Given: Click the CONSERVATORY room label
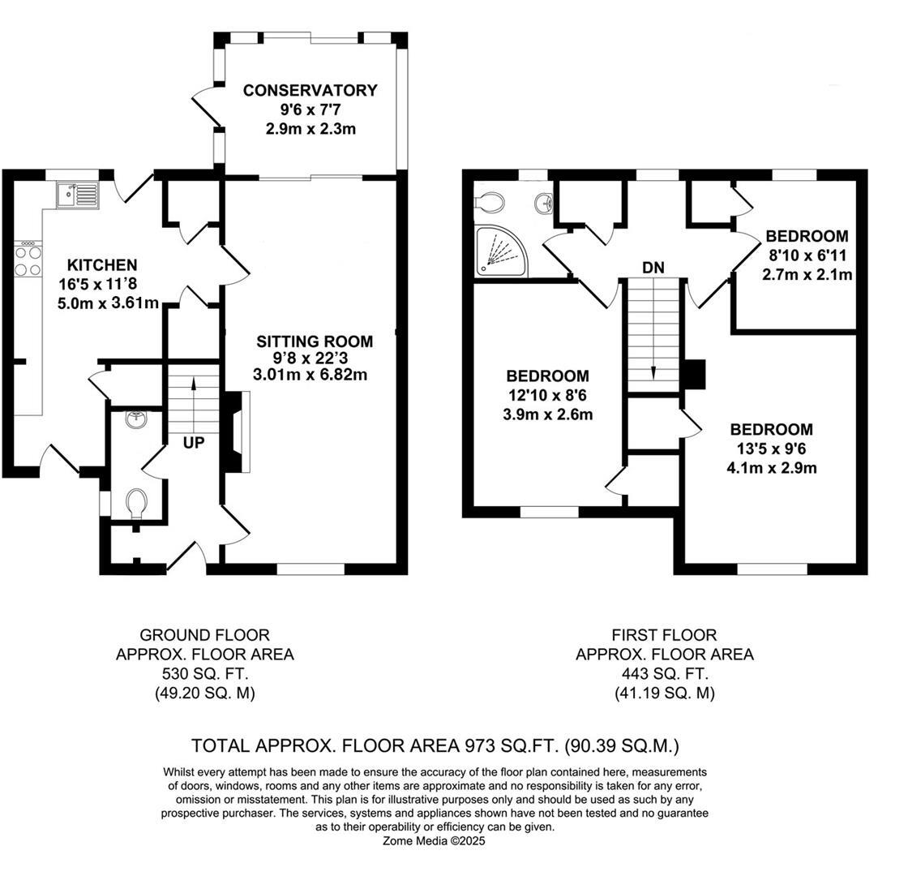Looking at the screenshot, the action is click(x=310, y=90).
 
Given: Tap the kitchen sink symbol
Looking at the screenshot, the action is click(x=78, y=195).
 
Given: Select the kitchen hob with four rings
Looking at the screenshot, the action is click(x=28, y=260).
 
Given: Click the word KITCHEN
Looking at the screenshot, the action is click(x=102, y=264).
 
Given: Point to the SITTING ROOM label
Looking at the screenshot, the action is click(x=315, y=341).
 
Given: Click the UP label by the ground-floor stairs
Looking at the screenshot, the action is click(x=194, y=443).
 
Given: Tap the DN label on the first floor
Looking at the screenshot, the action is click(x=653, y=268).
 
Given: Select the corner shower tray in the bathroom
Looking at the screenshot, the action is click(x=502, y=251).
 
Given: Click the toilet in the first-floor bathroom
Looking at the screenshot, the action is click(x=490, y=202).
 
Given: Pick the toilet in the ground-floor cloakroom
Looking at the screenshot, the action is click(x=137, y=504).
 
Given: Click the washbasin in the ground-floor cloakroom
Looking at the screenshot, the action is click(x=137, y=419).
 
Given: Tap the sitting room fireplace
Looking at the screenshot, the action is click(x=237, y=432).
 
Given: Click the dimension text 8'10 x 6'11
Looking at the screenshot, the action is click(x=807, y=255).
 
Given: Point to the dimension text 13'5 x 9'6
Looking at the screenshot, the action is click(x=771, y=449).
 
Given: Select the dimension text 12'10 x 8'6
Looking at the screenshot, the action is click(x=547, y=395).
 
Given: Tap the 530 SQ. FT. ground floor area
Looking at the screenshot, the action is click(x=205, y=674).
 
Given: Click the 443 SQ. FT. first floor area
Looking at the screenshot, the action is click(x=665, y=674).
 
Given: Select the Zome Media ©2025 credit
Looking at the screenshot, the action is click(x=434, y=840).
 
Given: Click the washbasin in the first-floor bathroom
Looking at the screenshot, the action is click(x=545, y=204).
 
